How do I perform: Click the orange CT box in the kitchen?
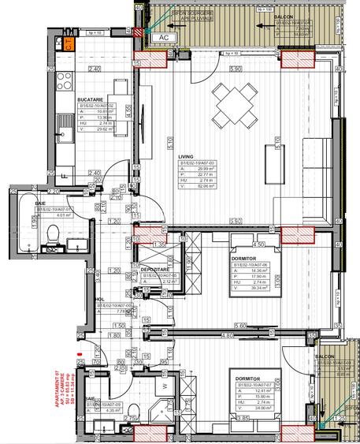[69, 44]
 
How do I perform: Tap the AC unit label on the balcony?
[163, 37]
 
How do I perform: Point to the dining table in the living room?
[232, 100]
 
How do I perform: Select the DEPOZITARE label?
[154, 269]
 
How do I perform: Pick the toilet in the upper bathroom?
[52, 233]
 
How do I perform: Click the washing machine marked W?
[165, 387]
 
